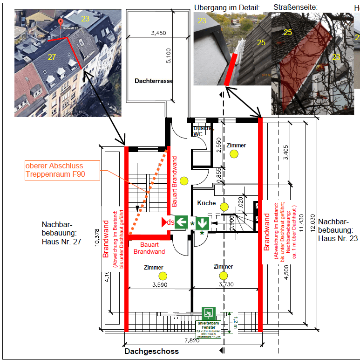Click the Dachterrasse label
[x=154, y=81]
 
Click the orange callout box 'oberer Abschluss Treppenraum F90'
[x=62, y=171]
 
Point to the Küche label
[x=206, y=203]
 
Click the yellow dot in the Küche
[x=224, y=207]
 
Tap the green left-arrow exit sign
[x=182, y=222]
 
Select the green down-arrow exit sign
[x=202, y=222]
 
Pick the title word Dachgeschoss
[x=151, y=351]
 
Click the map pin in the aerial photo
[x=60, y=22]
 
